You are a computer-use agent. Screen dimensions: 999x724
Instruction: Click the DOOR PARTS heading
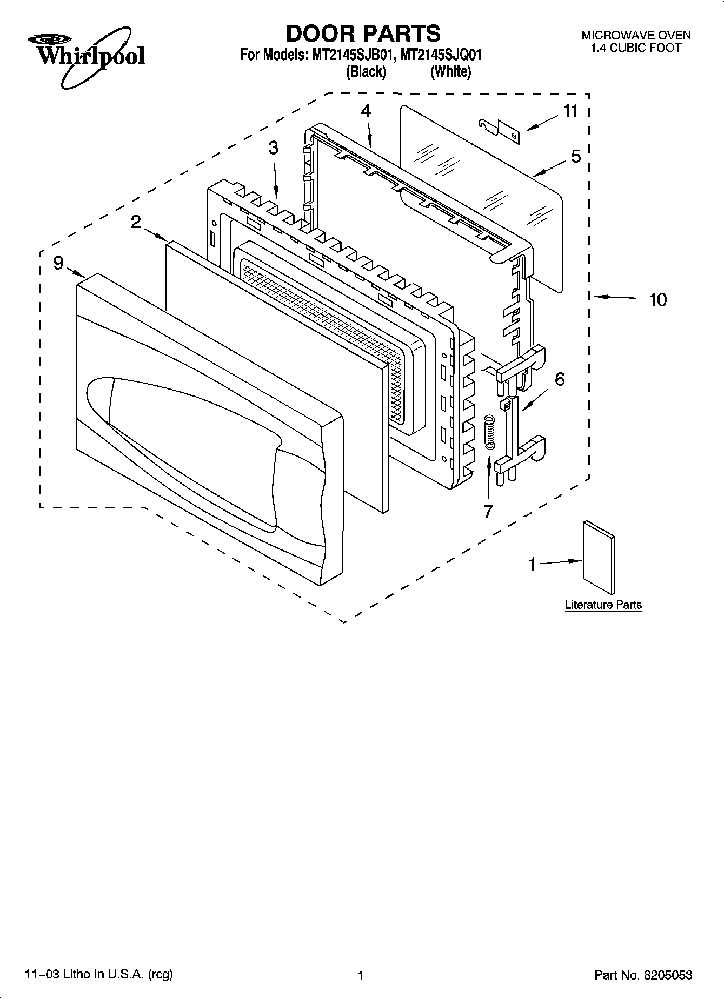[x=363, y=33]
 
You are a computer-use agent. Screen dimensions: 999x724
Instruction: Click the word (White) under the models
[x=450, y=71]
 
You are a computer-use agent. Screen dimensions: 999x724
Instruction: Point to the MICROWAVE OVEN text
[x=636, y=36]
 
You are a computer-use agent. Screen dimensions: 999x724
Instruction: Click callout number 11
[x=570, y=111]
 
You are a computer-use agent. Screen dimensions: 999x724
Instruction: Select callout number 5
[x=576, y=157]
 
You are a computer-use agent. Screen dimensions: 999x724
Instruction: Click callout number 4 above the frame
[x=366, y=111]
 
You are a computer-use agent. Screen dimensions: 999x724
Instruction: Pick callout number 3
[x=274, y=147]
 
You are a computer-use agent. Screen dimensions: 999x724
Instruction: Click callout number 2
[x=136, y=222]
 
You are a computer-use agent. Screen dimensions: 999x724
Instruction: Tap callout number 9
[x=58, y=263]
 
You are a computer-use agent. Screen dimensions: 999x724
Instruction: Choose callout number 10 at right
[x=657, y=299]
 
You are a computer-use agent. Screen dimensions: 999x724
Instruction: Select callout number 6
[x=560, y=379]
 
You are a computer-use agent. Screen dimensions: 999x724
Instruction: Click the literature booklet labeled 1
[x=598, y=558]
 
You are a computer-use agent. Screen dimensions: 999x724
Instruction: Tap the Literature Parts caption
[x=603, y=605]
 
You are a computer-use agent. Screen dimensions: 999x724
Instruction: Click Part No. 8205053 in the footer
[x=643, y=975]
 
